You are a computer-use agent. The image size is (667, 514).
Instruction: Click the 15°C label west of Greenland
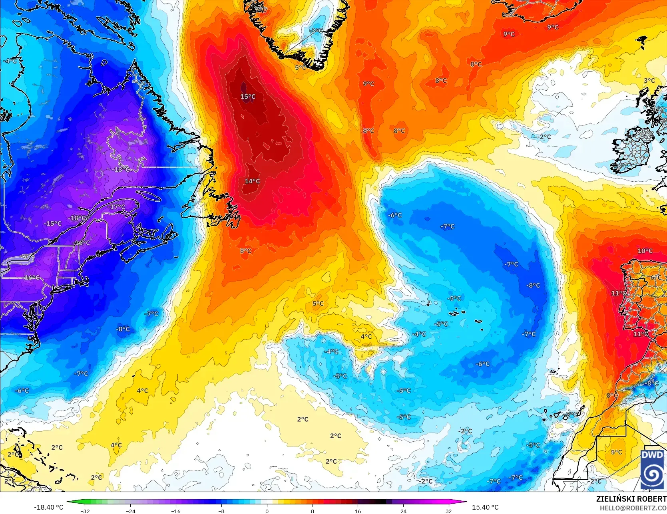(248, 97)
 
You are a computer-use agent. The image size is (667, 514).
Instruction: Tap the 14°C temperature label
(252, 181)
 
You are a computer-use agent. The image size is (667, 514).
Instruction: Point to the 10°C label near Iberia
(645, 251)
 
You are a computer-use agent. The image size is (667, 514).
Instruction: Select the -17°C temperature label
(117, 207)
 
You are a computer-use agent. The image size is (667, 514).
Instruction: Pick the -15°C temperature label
(53, 224)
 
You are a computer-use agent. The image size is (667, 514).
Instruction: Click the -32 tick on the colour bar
(85, 511)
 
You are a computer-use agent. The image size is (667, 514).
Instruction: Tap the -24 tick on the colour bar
(131, 511)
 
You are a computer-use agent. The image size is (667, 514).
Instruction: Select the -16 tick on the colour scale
(176, 511)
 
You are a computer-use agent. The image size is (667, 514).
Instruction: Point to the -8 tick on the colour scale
(221, 511)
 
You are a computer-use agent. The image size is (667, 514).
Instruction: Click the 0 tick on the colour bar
(267, 511)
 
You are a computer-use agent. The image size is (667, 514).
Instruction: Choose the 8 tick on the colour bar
(313, 511)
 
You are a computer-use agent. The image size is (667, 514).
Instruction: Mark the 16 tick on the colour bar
(358, 511)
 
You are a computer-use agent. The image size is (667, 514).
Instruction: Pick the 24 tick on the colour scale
(403, 511)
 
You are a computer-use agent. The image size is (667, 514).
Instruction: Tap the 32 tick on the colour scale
(448, 511)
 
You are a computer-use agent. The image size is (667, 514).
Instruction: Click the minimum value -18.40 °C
(49, 507)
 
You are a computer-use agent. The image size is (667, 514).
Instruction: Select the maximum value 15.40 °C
(485, 507)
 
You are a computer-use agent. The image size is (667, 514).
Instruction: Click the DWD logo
(652, 469)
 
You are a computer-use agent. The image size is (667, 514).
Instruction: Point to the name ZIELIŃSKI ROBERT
(631, 499)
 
